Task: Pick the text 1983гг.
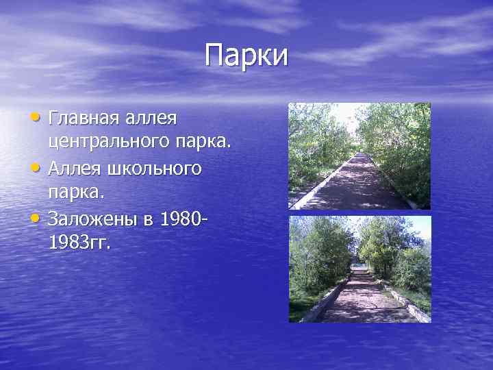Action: click(x=79, y=243)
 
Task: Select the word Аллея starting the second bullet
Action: click(x=72, y=168)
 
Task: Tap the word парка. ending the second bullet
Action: click(x=76, y=193)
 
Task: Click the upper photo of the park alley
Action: click(x=359, y=156)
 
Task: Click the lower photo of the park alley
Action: click(x=359, y=269)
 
